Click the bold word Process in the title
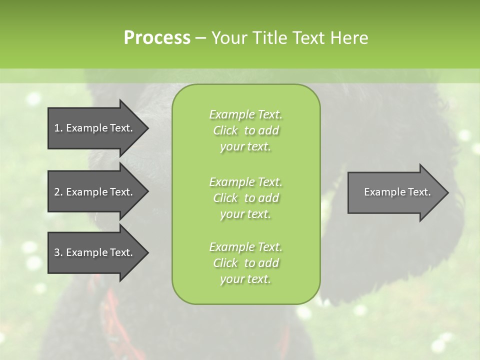pos(157,38)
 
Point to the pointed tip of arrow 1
pos(146,128)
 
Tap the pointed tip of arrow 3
pos(146,252)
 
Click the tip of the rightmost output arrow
pos(446,192)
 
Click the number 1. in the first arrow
pos(58,128)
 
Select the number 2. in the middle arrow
pos(58,192)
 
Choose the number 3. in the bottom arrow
pos(58,252)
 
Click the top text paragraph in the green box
pos(246,130)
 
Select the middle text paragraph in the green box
pos(246,197)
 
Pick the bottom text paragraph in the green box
pos(246,263)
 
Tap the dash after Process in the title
pos(200,38)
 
